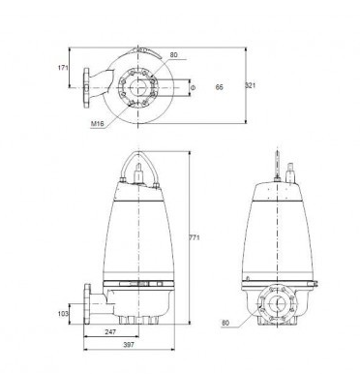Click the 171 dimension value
pos(63,68)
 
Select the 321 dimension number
pos(251,85)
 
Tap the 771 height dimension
pos(195,237)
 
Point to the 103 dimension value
pos(63,313)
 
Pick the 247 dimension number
pos(110,331)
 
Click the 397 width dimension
pos(129,345)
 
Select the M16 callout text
pos(98,123)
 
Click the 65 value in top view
pos(220,87)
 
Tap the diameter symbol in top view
pos(193,87)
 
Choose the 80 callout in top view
pos(173,55)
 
